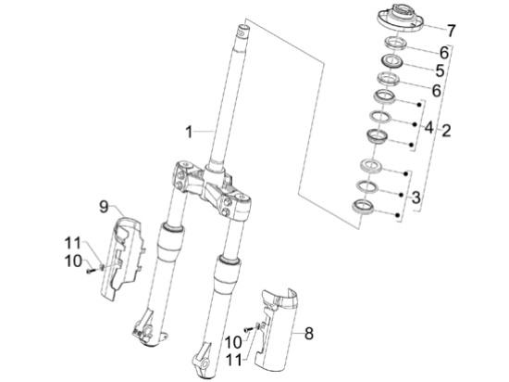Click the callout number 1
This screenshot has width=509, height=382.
[x=189, y=132]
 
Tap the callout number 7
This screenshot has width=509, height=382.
[x=452, y=31]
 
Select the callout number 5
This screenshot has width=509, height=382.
[x=440, y=70]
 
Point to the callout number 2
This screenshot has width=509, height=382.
[x=446, y=131]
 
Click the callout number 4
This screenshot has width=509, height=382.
[x=428, y=127]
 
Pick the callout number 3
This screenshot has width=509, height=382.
[x=416, y=197]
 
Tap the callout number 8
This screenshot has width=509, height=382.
[x=309, y=334]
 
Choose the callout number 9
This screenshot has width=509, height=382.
[x=104, y=207]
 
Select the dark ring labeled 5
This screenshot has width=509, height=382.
[x=392, y=61]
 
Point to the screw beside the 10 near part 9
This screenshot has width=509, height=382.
[x=90, y=271]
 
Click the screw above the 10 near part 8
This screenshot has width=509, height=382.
[x=249, y=329]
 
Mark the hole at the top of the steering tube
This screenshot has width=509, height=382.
[x=242, y=32]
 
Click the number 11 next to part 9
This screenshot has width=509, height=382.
[x=72, y=243]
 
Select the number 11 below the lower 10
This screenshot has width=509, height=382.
[x=234, y=360]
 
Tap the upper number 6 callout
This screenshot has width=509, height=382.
[x=444, y=53]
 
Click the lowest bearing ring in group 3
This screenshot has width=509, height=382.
[x=364, y=207]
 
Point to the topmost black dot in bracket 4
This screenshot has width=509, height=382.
[x=419, y=105]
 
